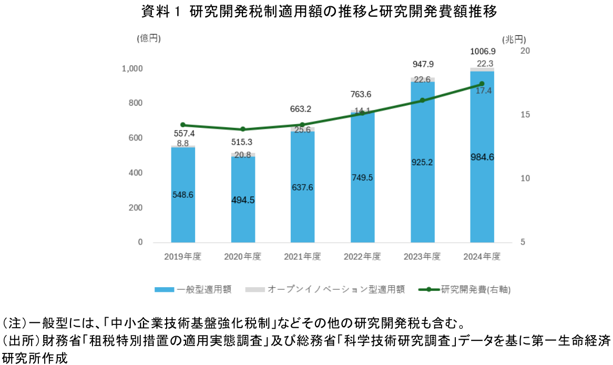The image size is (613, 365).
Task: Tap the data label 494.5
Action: [x=243, y=200]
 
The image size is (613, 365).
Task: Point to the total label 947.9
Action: [x=423, y=65]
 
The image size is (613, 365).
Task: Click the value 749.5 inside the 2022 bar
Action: [x=362, y=177]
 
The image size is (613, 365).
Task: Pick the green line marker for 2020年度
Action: [x=243, y=129]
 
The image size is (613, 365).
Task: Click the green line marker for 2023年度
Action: [x=422, y=100]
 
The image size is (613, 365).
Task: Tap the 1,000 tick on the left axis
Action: [x=132, y=69]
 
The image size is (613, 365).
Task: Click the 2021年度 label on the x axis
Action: [x=302, y=257]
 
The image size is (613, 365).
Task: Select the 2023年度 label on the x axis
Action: [x=422, y=257]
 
